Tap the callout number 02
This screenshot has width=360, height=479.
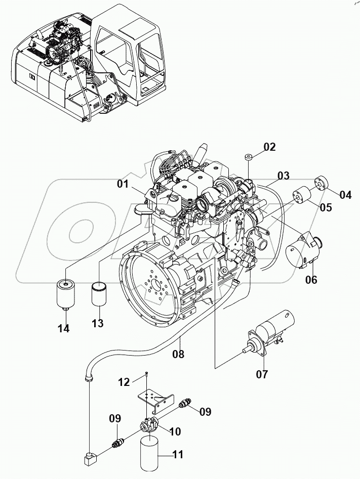tap(269, 147)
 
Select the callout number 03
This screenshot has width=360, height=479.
tap(283, 176)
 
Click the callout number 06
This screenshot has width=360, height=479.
tap(311, 279)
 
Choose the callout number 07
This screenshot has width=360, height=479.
tap(262, 374)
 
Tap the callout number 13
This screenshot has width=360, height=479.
tap(97, 323)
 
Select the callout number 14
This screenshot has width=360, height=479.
tap(63, 328)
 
